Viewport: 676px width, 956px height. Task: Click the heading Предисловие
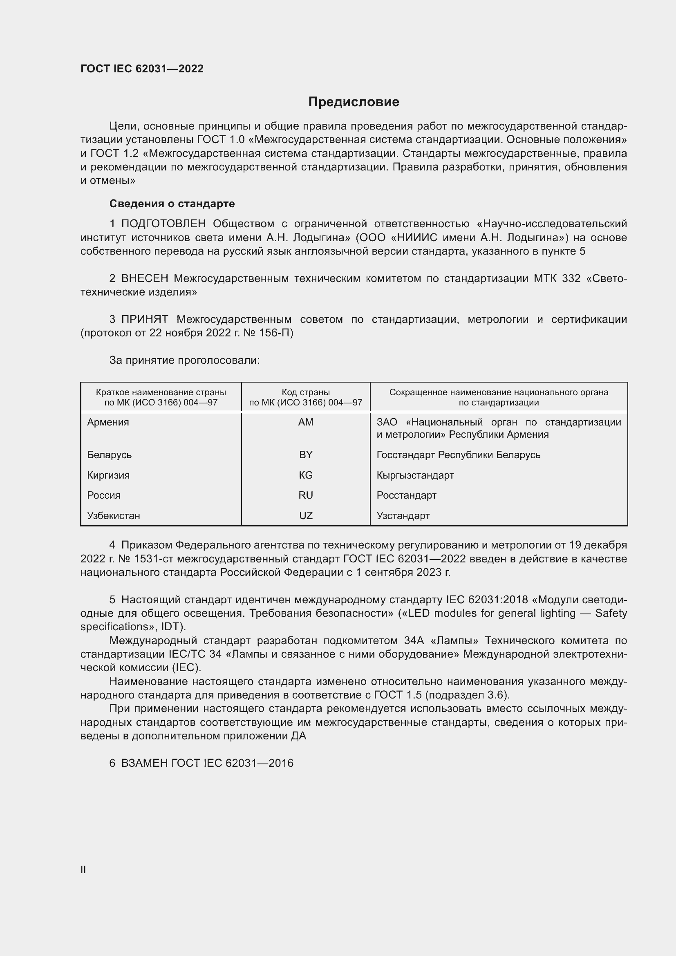click(354, 102)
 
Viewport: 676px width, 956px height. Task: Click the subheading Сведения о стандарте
click(172, 204)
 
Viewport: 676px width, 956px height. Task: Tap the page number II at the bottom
click(83, 869)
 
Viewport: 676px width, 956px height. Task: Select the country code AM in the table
click(306, 422)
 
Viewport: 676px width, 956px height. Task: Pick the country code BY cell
click(306, 454)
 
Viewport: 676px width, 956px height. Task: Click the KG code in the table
click(306, 475)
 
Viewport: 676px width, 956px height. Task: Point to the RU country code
click(306, 495)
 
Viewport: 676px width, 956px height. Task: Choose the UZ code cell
click(306, 515)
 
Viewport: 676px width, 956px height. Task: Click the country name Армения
click(108, 422)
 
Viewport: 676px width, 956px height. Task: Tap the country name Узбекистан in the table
click(113, 515)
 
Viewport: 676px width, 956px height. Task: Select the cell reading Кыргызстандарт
click(415, 475)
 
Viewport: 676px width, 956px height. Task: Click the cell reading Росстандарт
click(406, 495)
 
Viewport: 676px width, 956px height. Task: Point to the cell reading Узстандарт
click(403, 515)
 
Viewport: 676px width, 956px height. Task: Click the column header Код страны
click(306, 392)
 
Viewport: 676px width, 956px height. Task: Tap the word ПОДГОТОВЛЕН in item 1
click(163, 224)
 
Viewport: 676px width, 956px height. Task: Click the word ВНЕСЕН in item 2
click(144, 279)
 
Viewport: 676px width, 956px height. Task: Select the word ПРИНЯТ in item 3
click(144, 319)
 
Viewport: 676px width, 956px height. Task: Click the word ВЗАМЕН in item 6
click(144, 763)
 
